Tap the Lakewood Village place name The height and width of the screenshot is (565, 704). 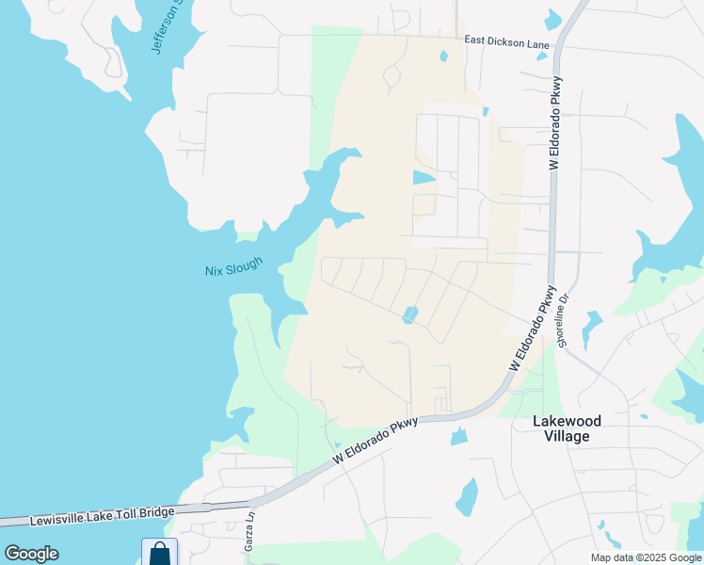(573, 428)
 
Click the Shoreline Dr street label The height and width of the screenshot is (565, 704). (565, 320)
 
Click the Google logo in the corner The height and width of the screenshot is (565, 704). (31, 554)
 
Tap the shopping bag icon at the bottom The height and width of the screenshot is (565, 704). (159, 553)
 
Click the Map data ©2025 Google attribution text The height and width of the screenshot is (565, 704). (647, 557)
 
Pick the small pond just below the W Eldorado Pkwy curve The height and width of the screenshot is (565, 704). (459, 436)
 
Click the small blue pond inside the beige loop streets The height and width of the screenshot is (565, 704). (409, 315)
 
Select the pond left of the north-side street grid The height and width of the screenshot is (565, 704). (424, 177)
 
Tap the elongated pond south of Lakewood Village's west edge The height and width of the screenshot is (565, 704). (466, 497)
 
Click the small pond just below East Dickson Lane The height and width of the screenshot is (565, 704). (443, 56)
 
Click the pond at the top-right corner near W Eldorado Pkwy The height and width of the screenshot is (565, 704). (552, 19)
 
